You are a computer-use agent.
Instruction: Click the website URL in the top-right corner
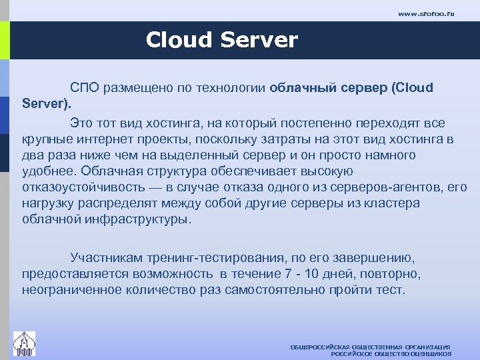[x=425, y=13]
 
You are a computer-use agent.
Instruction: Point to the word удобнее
[x=47, y=171]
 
